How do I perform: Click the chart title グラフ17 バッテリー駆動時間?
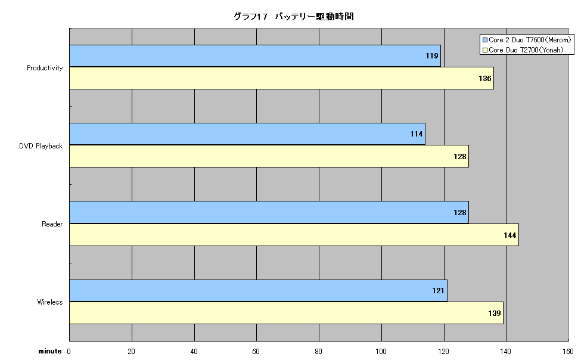tap(294, 17)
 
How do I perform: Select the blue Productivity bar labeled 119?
tap(255, 56)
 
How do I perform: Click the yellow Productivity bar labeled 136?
tap(282, 78)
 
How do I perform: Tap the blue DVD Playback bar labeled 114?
tap(247, 134)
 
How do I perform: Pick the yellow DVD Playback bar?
tap(269, 156)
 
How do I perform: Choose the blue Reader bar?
tap(269, 212)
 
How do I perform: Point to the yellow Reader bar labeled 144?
tap(294, 235)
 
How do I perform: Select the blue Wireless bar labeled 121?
tap(259, 291)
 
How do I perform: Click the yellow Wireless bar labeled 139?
tap(287, 313)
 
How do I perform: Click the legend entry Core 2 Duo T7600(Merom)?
tap(527, 40)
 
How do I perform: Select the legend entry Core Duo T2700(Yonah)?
tap(523, 50)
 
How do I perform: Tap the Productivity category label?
tap(45, 68)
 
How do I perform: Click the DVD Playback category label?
tap(41, 146)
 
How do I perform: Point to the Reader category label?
tap(52, 224)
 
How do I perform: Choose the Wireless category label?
tap(50, 302)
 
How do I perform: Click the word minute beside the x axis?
tap(50, 351)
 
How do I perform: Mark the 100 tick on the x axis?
tap(381, 352)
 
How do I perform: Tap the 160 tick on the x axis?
tap(568, 352)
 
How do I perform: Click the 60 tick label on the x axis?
tap(256, 352)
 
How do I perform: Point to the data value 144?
tap(510, 235)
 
